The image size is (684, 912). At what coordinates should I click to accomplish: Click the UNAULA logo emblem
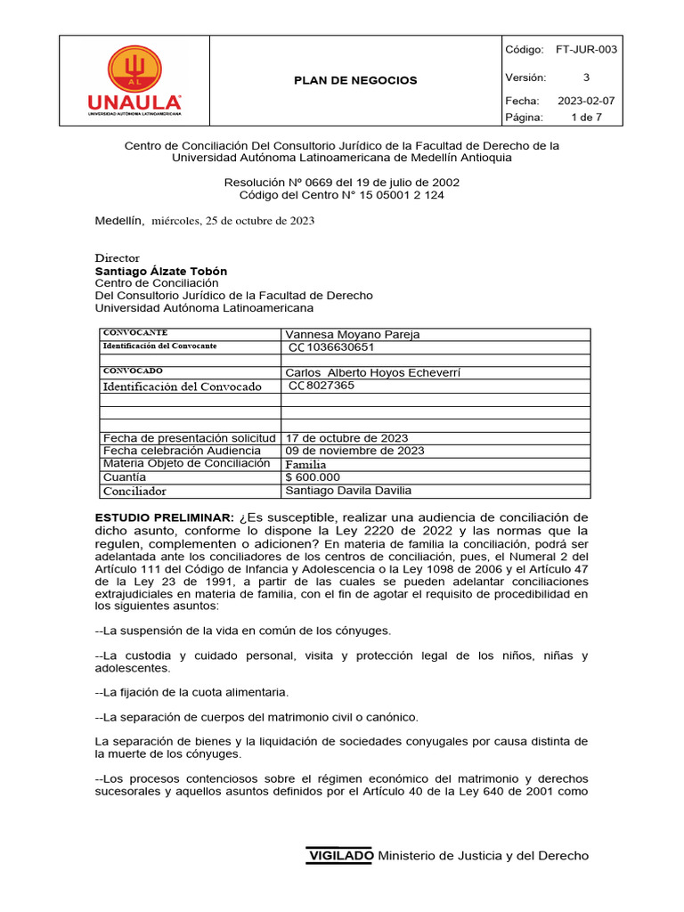pyautogui.click(x=135, y=69)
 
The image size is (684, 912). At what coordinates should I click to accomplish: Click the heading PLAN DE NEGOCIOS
pyautogui.click(x=355, y=80)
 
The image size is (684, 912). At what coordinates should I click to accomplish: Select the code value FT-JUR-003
pyautogui.click(x=586, y=50)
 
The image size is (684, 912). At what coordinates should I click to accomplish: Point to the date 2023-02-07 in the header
pyautogui.click(x=586, y=101)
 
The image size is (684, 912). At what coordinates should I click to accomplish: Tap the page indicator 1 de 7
pyautogui.click(x=586, y=117)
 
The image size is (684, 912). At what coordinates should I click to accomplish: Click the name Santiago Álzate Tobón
pyautogui.click(x=161, y=271)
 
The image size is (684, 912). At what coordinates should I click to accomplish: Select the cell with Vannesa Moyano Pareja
pyautogui.click(x=352, y=335)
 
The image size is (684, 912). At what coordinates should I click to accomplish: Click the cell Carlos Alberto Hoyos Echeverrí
pyautogui.click(x=373, y=372)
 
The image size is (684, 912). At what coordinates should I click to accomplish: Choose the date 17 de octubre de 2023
pyautogui.click(x=346, y=437)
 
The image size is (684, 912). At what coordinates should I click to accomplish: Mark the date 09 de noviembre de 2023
pyautogui.click(x=354, y=451)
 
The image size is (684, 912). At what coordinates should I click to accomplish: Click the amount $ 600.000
pyautogui.click(x=313, y=476)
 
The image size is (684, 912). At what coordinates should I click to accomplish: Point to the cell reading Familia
pyautogui.click(x=305, y=464)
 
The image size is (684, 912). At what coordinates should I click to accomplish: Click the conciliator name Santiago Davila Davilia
pyautogui.click(x=348, y=490)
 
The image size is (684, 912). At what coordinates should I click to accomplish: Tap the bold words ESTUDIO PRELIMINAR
pyautogui.click(x=165, y=517)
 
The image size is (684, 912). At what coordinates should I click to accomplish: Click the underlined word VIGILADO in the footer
pyautogui.click(x=341, y=856)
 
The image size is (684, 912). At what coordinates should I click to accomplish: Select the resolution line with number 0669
pyautogui.click(x=342, y=182)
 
